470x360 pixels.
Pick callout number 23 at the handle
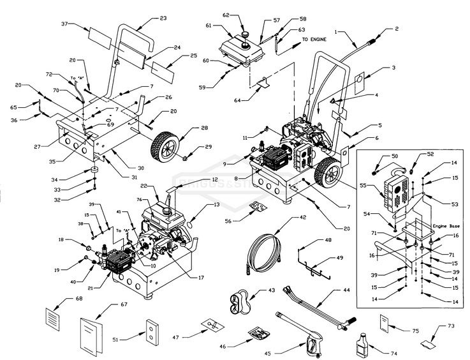click(x=163, y=18)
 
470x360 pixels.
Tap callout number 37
click(x=64, y=24)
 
